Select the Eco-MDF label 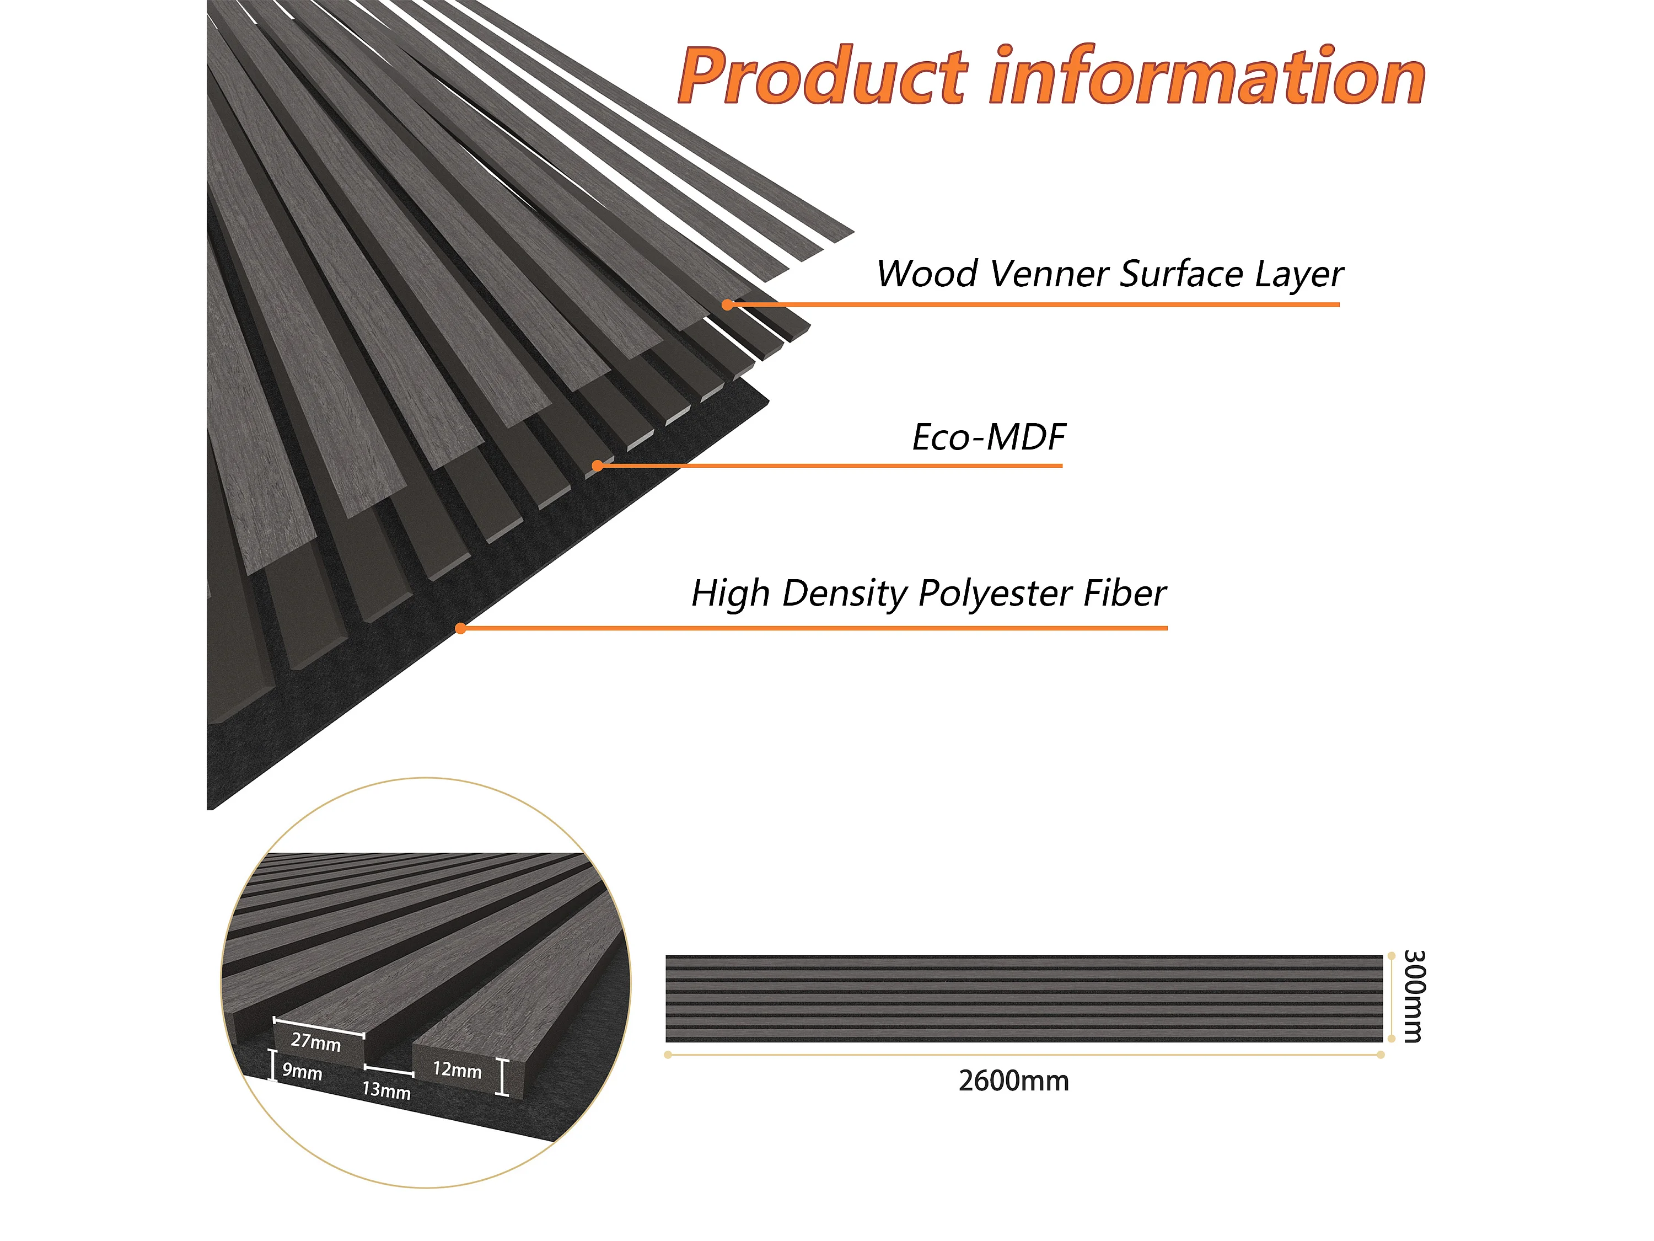(989, 437)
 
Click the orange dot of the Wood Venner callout (727, 304)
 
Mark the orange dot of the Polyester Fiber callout (460, 628)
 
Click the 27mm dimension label (315, 1041)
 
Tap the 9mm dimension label (302, 1071)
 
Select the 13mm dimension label (386, 1090)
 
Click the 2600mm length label (1013, 1082)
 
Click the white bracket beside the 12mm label (503, 1077)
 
